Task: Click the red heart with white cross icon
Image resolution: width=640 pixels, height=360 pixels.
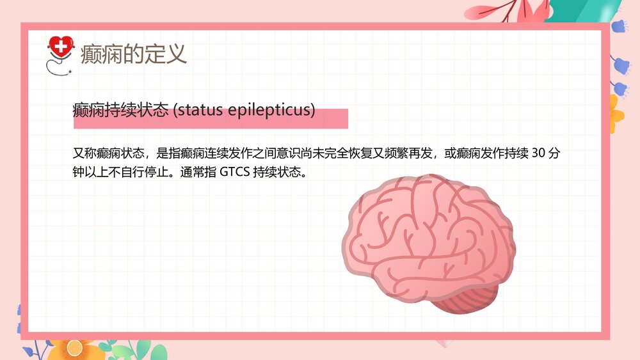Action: [61, 47]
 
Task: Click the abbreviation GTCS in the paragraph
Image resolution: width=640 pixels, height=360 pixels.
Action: [234, 172]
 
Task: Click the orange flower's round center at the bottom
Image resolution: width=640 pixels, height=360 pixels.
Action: [76, 348]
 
